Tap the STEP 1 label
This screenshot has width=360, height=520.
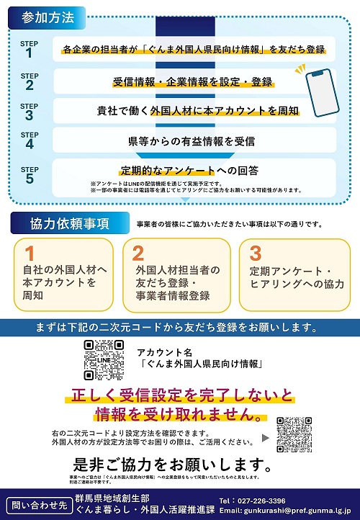[30, 49]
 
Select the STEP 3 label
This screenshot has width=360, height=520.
[30, 111]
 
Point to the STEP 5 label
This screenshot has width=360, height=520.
[30, 174]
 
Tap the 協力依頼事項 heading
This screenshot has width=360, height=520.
[70, 223]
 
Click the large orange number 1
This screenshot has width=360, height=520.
[30, 254]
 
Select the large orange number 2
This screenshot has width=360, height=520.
[139, 254]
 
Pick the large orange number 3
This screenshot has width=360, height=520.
[255, 254]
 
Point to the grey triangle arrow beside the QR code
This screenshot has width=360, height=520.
[265, 436]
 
